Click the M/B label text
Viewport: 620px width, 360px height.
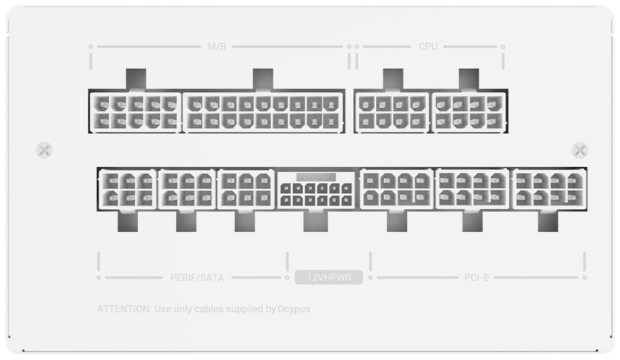click(x=217, y=47)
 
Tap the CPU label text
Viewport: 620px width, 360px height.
click(x=428, y=47)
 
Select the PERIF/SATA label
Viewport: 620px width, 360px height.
click(x=197, y=277)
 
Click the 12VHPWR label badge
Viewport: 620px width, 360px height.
click(x=329, y=277)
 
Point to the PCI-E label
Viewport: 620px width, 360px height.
click(x=476, y=277)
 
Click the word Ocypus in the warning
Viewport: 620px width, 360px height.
click(x=294, y=309)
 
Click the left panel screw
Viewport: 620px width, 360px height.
click(x=44, y=150)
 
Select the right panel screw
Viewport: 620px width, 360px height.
click(x=580, y=150)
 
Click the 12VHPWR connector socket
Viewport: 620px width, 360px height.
click(x=316, y=190)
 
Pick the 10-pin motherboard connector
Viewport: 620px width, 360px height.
click(x=135, y=112)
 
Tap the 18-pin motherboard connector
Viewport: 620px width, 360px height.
click(x=263, y=112)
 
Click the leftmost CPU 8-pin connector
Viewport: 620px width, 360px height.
click(x=392, y=112)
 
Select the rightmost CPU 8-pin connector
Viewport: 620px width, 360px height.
click(x=469, y=112)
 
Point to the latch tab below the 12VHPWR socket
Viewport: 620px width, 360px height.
click(x=316, y=221)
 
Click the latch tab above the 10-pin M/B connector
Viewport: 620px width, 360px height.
click(x=136, y=79)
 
